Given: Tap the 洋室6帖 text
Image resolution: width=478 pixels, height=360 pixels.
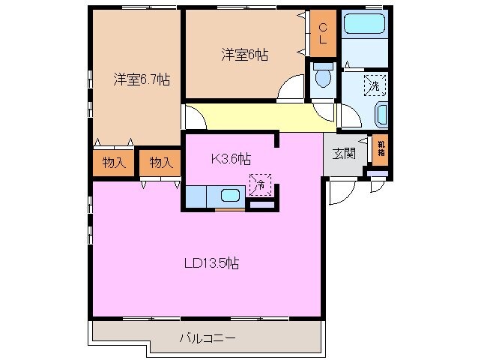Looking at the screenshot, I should [x=244, y=55].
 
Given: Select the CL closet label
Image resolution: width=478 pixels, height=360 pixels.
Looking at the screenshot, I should [x=322, y=34].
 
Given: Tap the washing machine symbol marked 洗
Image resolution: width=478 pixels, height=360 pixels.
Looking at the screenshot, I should [x=372, y=86].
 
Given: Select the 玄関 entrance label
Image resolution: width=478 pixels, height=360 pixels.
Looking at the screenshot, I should [x=344, y=154].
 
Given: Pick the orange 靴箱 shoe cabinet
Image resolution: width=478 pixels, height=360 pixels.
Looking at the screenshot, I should [x=381, y=149].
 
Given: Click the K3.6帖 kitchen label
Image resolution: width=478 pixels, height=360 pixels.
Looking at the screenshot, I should [x=230, y=158].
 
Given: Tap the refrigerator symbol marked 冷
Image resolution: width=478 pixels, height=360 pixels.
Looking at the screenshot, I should [x=260, y=181].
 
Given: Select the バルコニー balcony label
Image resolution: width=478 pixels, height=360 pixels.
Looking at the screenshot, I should [x=208, y=338].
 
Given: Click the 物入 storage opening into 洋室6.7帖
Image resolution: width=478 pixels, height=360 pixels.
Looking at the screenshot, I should [x=114, y=162].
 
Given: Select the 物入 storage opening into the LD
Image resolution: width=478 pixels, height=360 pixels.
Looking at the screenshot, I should [x=160, y=162].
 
